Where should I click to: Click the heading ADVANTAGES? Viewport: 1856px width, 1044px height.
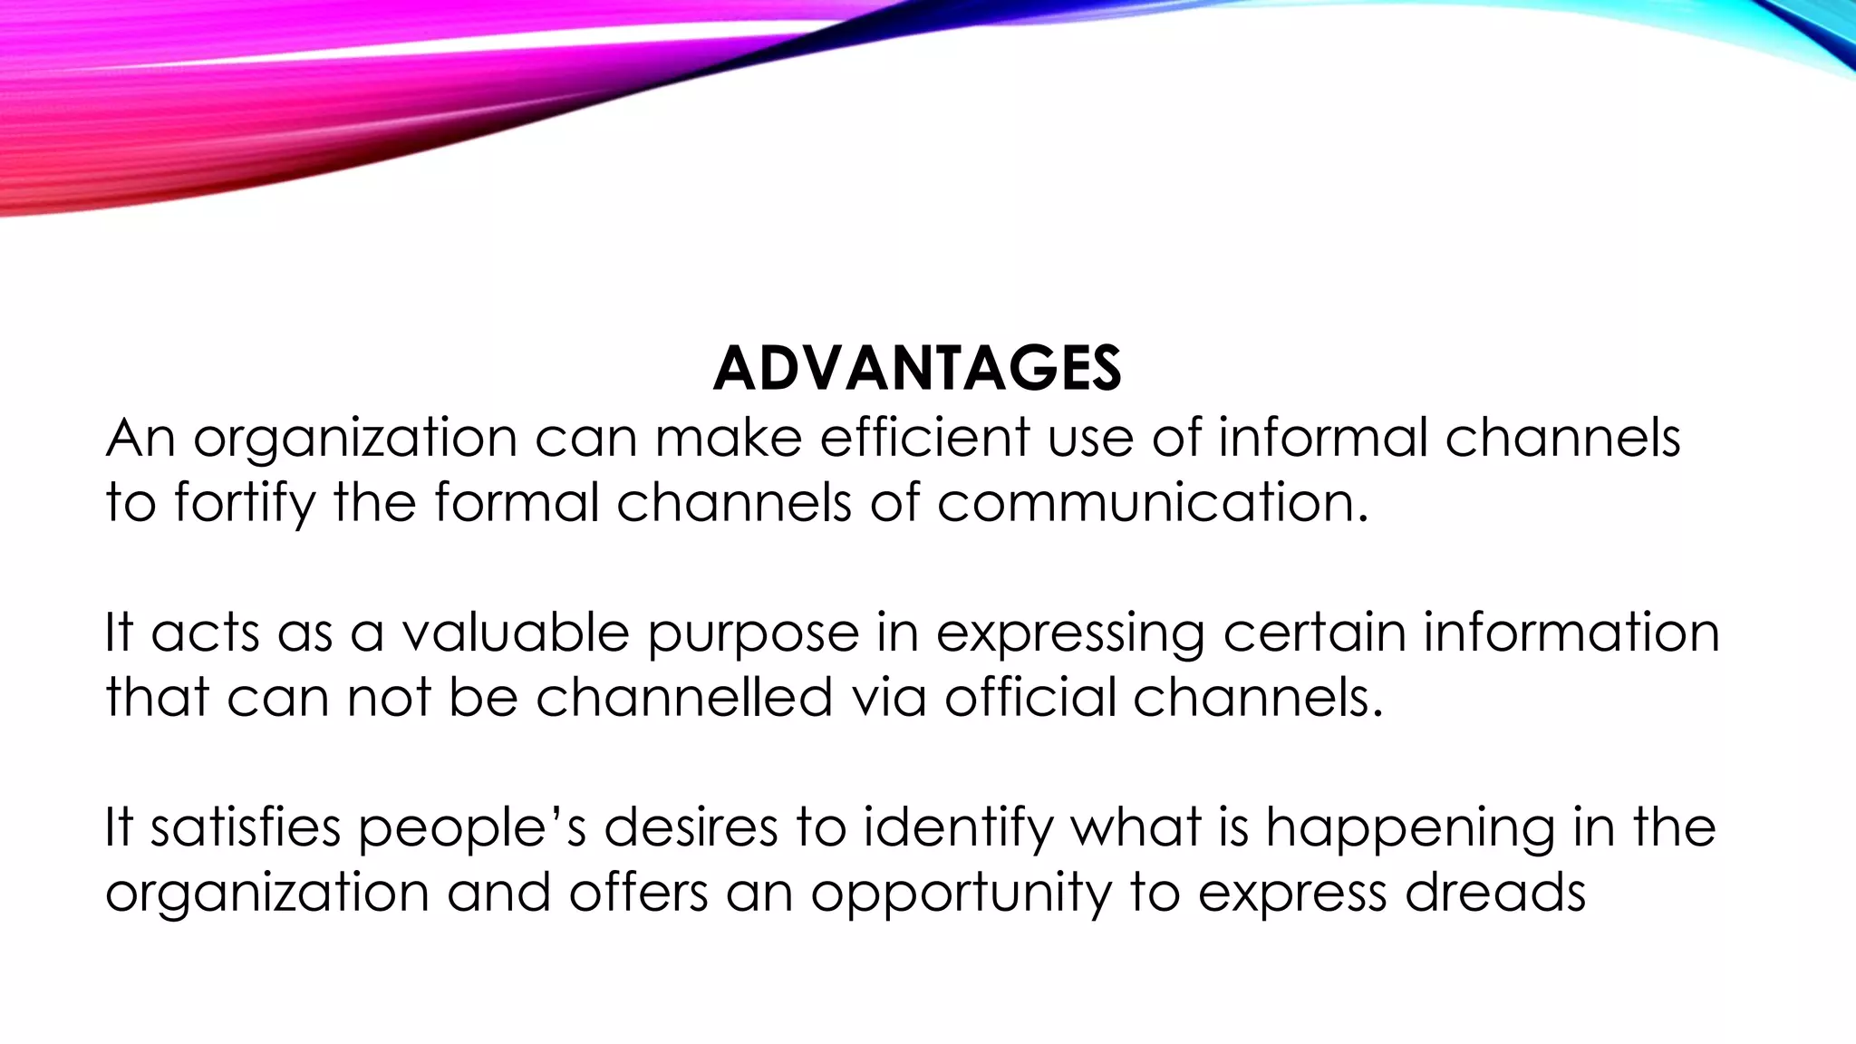(917, 369)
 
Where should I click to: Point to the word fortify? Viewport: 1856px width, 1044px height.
(245, 503)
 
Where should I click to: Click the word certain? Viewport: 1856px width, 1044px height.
(1313, 632)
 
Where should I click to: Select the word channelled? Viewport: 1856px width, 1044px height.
(684, 697)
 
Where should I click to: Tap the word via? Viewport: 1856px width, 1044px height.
(890, 697)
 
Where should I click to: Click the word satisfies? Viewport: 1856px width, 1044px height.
(246, 827)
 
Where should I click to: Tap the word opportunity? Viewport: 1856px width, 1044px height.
(961, 894)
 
